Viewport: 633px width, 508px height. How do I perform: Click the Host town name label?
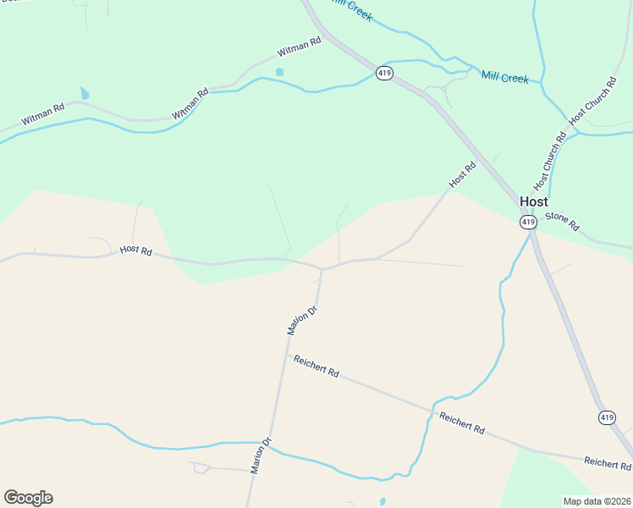click(533, 202)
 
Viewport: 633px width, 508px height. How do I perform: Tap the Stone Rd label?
click(562, 222)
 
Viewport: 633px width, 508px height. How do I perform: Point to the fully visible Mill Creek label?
click(504, 77)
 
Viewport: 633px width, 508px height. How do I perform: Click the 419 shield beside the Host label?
click(528, 222)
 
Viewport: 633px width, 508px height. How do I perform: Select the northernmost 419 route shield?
click(385, 74)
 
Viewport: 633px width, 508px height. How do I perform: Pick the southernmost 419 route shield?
click(607, 417)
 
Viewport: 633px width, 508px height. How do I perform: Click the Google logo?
click(28, 498)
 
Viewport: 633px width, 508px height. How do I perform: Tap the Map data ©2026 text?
click(597, 500)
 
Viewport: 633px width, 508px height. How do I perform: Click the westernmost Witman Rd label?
click(43, 115)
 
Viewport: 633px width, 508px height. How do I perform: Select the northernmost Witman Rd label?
click(300, 46)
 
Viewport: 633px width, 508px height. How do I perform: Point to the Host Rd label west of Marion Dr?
click(135, 251)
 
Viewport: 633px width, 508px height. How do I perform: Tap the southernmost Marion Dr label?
click(260, 455)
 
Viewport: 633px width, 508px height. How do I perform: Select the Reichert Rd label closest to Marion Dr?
click(316, 366)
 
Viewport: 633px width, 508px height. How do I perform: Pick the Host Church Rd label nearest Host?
click(549, 161)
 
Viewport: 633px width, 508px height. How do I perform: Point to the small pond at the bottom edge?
click(383, 501)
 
